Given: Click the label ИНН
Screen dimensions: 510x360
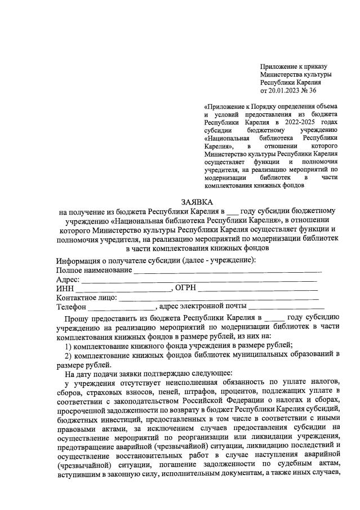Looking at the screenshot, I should point(65,288).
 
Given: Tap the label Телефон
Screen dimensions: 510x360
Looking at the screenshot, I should point(71,307).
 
